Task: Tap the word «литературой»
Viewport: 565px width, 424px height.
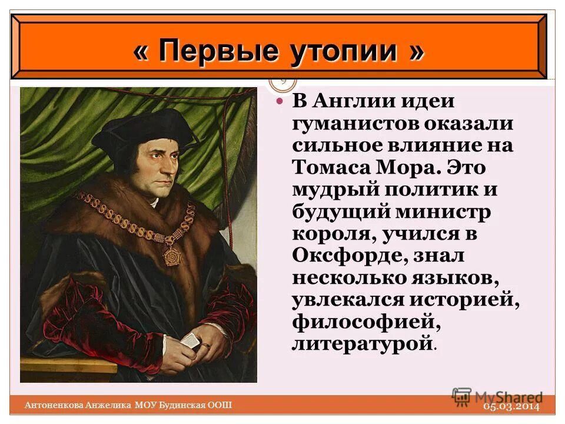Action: click(x=362, y=343)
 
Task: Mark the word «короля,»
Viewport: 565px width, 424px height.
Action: click(x=330, y=234)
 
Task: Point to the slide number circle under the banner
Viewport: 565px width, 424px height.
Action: click(x=283, y=82)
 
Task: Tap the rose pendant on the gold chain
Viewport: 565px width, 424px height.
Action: click(x=172, y=256)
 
